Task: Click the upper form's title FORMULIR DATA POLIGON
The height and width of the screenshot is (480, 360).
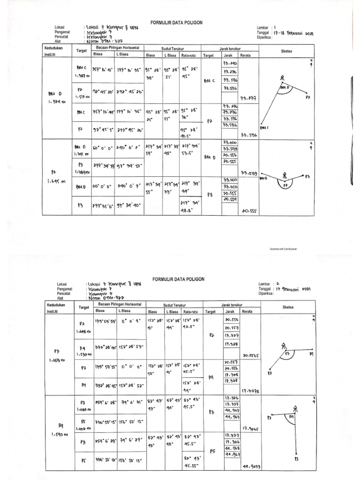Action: pos(176,22)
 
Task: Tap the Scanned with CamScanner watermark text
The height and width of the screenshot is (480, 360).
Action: pos(283,249)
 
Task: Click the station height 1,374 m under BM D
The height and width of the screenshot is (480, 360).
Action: pos(57,101)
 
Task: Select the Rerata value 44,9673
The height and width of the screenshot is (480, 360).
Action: pos(251,467)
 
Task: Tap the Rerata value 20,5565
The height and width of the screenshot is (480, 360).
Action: pos(252,355)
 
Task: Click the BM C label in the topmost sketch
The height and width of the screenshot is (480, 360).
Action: pos(265,127)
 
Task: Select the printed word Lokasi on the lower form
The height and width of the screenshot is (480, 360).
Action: pos(62,284)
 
